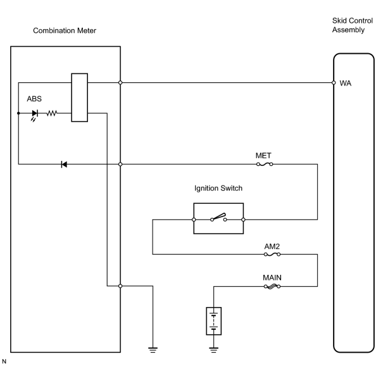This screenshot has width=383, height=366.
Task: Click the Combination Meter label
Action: [x=65, y=30]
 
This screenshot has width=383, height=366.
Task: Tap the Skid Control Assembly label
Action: [x=352, y=25]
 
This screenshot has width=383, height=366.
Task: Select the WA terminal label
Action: [x=345, y=84]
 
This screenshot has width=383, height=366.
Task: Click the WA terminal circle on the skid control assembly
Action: [x=334, y=82]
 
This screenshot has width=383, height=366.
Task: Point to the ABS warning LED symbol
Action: [x=35, y=115]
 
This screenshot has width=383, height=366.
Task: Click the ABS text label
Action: [x=34, y=99]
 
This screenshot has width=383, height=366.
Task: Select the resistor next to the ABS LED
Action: [x=52, y=113]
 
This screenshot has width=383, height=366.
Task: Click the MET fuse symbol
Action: [x=265, y=164]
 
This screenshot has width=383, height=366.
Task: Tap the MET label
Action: [x=263, y=156]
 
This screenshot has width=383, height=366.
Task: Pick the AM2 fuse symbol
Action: [x=272, y=255]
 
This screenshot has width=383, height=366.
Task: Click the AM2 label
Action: [x=272, y=246]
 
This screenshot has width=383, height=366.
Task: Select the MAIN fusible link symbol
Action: [x=272, y=286]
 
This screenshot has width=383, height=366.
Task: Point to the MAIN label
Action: [x=272, y=277]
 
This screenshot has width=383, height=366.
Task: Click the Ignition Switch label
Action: [x=218, y=188]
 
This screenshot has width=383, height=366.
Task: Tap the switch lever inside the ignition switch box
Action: [x=218, y=217]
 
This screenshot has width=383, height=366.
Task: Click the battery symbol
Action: [x=214, y=321]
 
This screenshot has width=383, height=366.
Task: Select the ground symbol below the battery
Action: [x=214, y=350]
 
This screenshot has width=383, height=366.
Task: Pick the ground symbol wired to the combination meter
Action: [x=153, y=350]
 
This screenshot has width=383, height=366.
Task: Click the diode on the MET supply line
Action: [x=64, y=164]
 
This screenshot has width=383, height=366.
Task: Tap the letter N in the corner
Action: [x=4, y=362]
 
